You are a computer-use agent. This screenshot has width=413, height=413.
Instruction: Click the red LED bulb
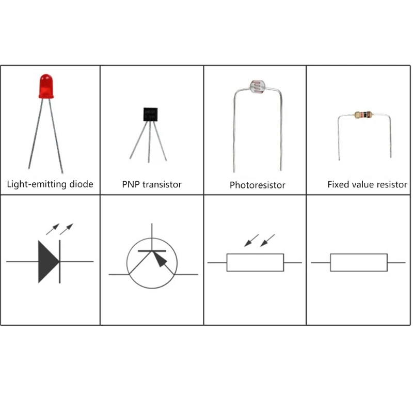click(46, 86)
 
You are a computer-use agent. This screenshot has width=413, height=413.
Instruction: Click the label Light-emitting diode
click(50, 184)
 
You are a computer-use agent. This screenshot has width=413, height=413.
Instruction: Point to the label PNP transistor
click(152, 184)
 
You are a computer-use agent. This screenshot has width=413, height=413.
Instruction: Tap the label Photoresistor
click(257, 185)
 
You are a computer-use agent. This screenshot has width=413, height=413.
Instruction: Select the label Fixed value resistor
click(367, 184)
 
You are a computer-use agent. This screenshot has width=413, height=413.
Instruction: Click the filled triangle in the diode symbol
click(48, 261)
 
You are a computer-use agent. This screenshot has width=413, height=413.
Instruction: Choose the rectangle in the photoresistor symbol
click(255, 262)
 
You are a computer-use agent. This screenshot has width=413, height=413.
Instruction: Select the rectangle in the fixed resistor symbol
click(359, 262)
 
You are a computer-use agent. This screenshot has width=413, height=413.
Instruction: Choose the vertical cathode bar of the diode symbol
click(60, 261)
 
